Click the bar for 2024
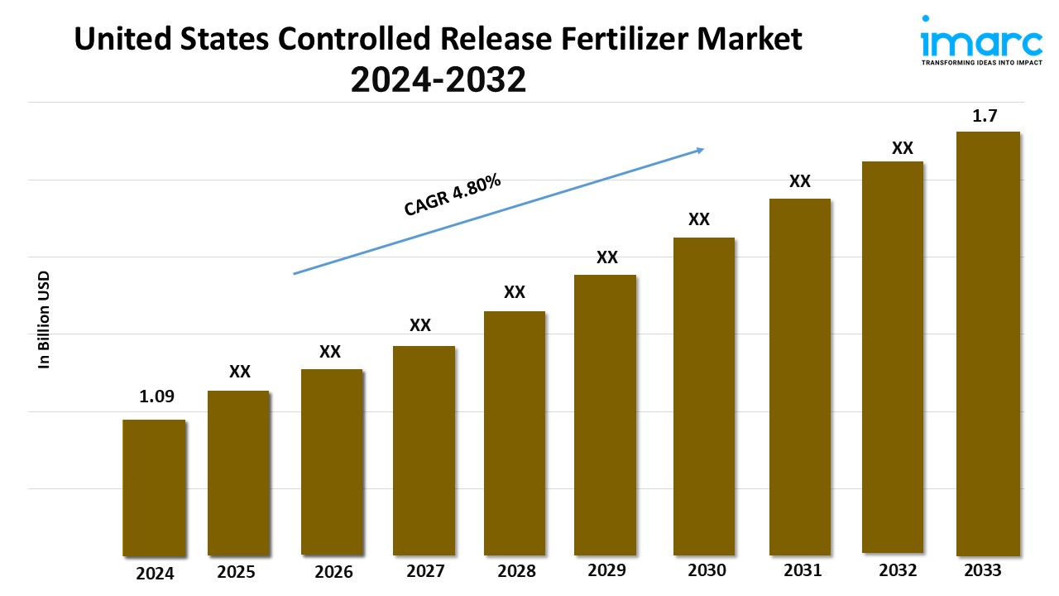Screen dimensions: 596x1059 tap(154, 488)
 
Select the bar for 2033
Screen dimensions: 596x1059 tap(988, 344)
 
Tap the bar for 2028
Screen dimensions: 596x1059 tap(515, 433)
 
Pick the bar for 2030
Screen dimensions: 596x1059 tap(704, 396)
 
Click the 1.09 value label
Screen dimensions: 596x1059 tap(156, 397)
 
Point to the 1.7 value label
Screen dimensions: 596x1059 tap(985, 117)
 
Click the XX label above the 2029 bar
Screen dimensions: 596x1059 tap(607, 257)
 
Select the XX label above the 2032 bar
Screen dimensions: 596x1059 tap(902, 148)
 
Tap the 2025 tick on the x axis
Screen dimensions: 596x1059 tap(237, 571)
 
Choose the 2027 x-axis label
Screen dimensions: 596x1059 tap(426, 571)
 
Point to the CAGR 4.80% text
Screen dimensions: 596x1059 tap(453, 196)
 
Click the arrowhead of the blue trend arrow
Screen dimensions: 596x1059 tap(699, 150)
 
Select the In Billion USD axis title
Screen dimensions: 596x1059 tap(45, 320)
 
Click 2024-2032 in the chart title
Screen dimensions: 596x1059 tap(438, 79)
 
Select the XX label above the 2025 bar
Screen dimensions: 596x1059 tap(240, 372)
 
